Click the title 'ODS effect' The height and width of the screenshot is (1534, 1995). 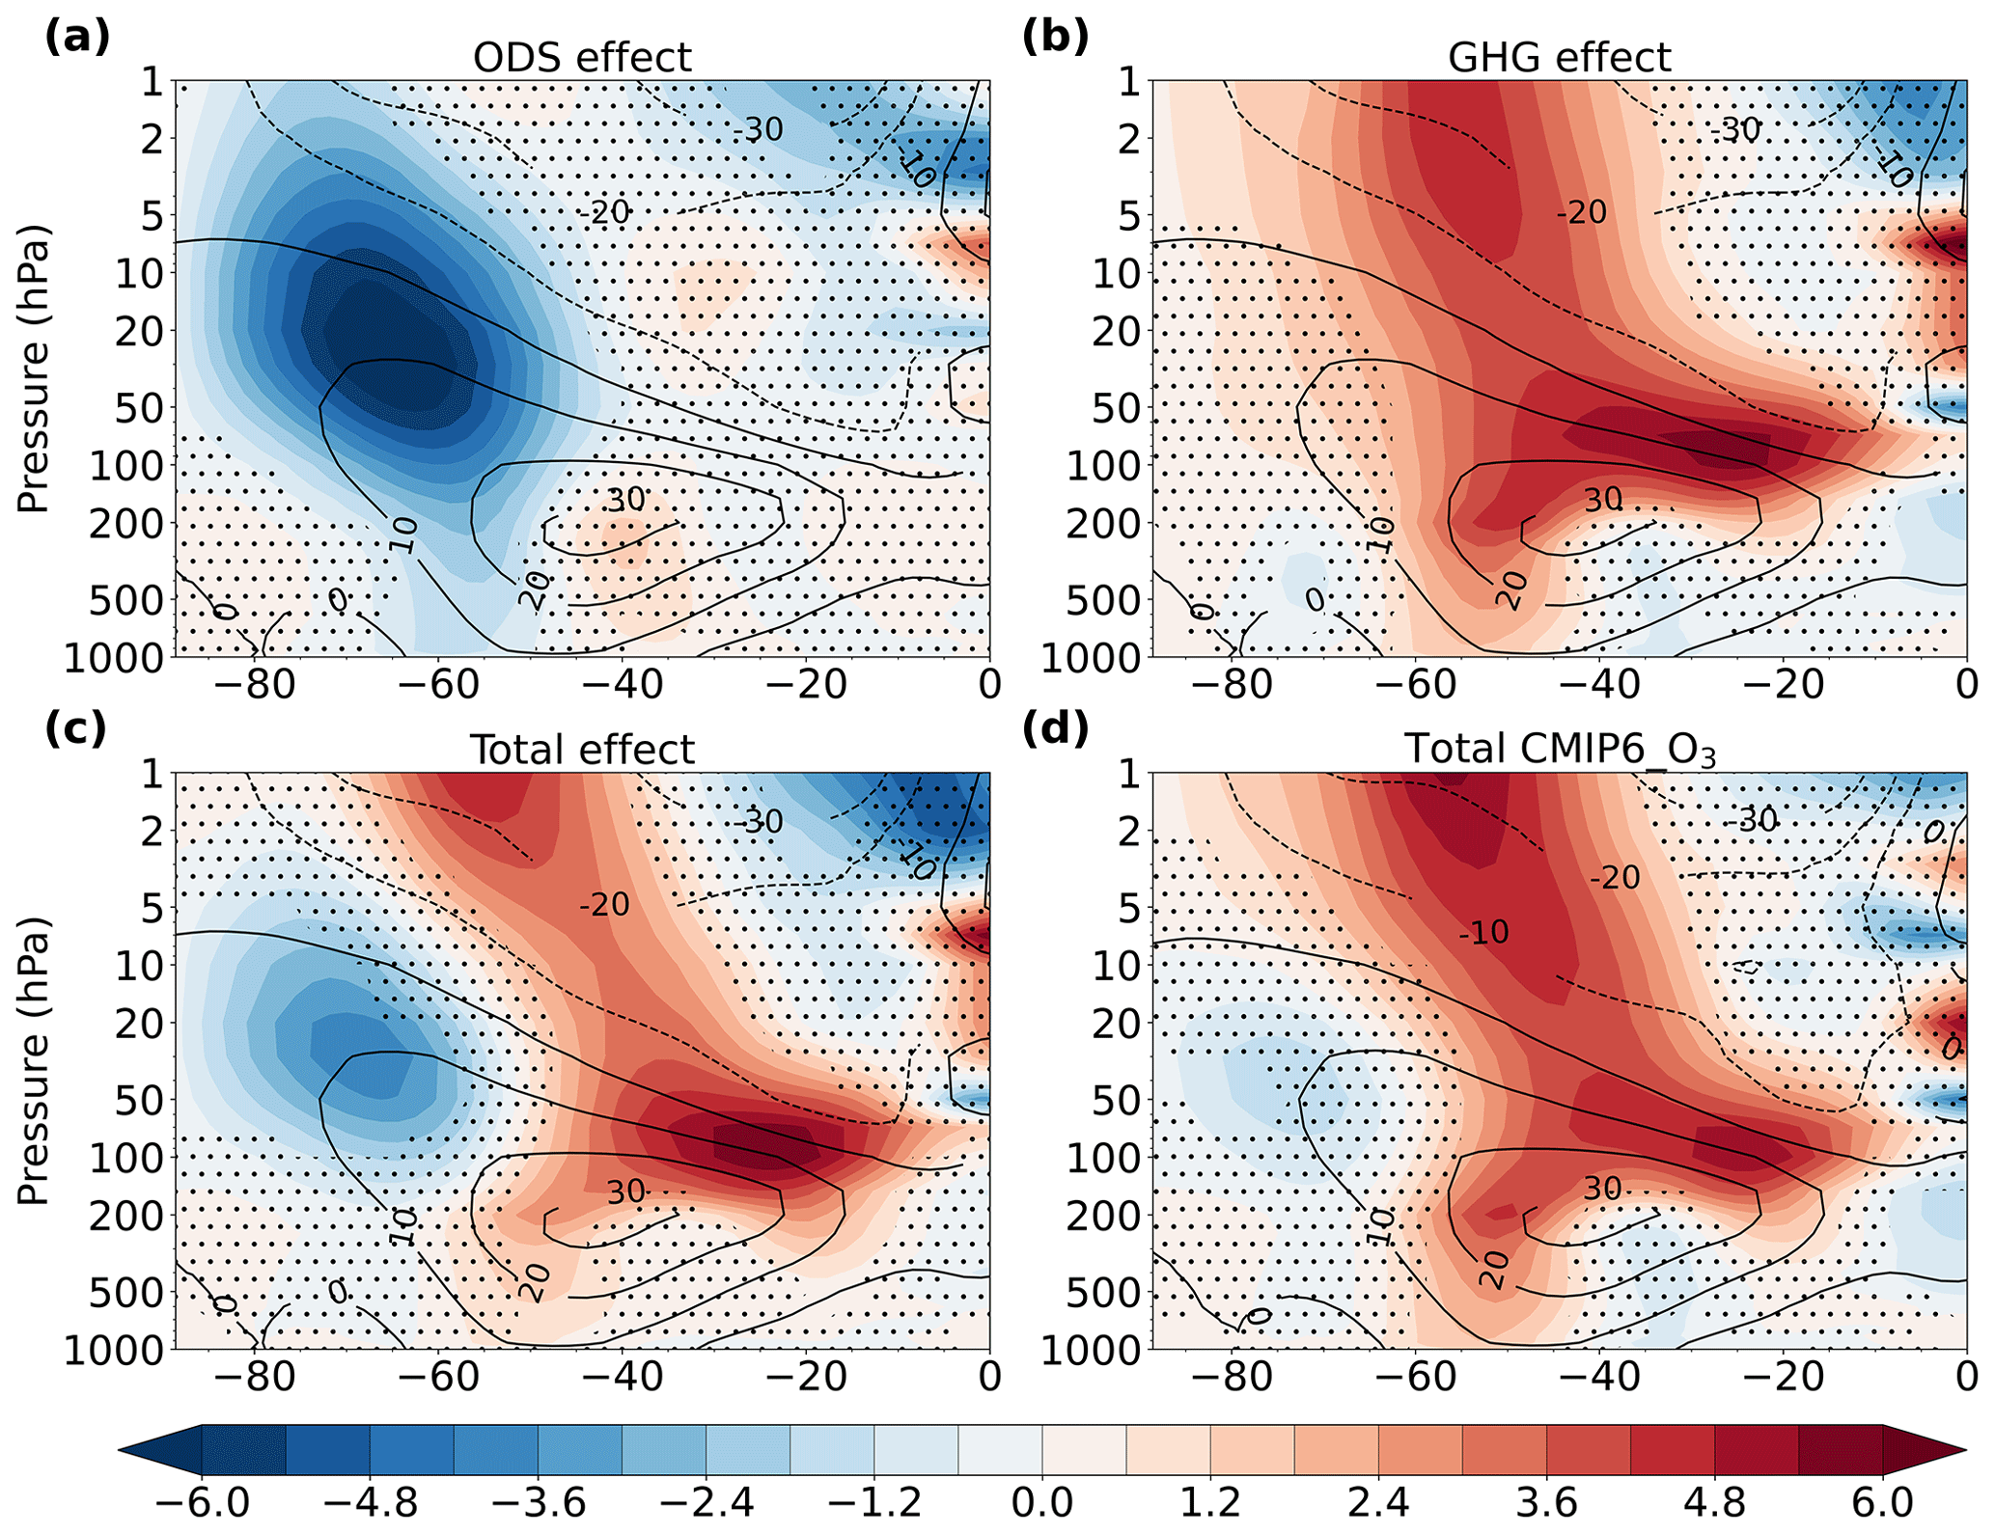coord(582,58)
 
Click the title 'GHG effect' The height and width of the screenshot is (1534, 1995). coord(1559,58)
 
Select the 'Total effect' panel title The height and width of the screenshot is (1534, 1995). coord(582,750)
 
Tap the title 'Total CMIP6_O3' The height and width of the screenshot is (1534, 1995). coord(1560,751)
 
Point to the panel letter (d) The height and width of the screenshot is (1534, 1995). coord(1055,728)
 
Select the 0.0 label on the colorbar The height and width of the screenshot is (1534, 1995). coord(1042,1503)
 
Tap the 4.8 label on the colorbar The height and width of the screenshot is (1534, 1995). coord(1714,1503)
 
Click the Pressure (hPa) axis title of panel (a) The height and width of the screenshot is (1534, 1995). coord(34,370)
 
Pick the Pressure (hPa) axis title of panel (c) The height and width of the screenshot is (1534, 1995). coord(34,1061)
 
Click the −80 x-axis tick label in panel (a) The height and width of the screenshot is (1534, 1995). coord(255,685)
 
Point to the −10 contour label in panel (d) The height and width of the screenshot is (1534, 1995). coord(1482,932)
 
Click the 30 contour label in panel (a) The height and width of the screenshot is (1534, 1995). coord(625,500)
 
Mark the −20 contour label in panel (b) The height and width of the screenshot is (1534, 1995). coord(1582,212)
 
